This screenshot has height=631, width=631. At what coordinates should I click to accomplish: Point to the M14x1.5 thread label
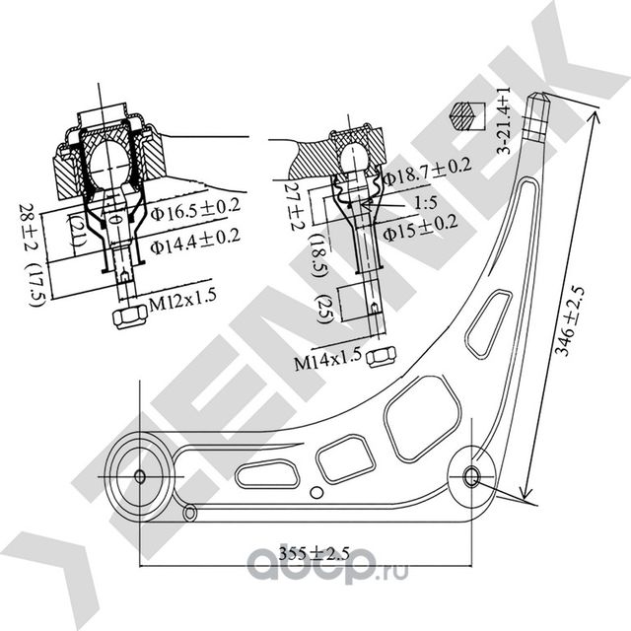(328, 363)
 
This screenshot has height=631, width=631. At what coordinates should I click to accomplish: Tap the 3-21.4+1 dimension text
(503, 118)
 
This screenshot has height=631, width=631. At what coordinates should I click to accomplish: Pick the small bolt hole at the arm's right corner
(472, 477)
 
